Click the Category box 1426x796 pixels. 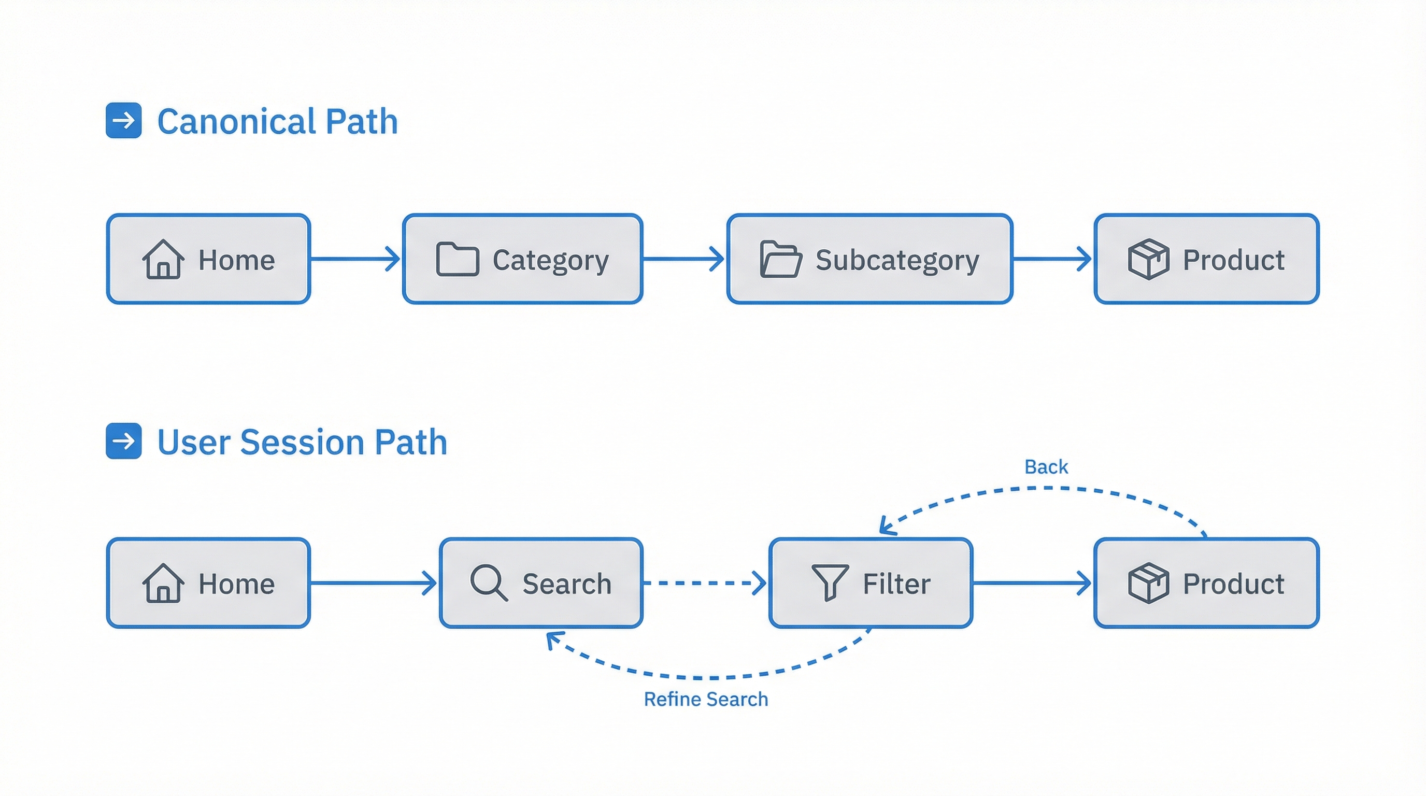pos(522,259)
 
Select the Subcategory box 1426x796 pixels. pos(869,259)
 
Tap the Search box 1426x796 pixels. pos(541,583)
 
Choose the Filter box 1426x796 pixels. pos(870,583)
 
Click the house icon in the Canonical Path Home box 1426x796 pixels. pos(163,259)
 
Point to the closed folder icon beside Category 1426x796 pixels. pos(457,259)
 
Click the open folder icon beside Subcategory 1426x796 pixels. pos(780,259)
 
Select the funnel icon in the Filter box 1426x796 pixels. pos(829,582)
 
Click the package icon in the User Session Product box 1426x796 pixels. pos(1148,583)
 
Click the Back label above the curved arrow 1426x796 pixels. pos(1046,466)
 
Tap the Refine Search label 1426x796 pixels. pos(705,699)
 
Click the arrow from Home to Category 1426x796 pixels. pos(354,259)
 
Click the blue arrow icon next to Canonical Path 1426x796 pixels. pos(123,120)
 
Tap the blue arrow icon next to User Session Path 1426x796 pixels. pos(123,441)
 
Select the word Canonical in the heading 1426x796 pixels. pos(236,121)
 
